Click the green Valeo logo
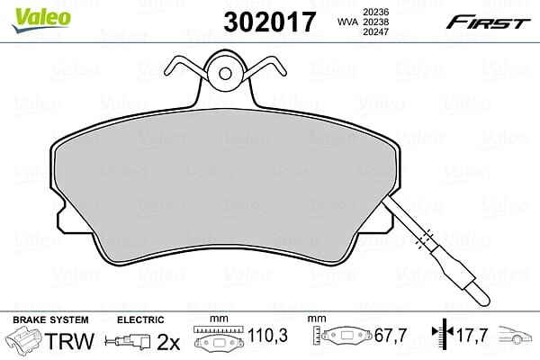coord(41,20)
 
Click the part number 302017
coord(269,22)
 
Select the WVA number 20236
coord(375,12)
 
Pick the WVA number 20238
coord(375,22)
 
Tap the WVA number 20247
coord(375,32)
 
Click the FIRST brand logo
coord(488,22)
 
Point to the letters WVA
coord(347,22)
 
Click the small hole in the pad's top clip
coord(225,74)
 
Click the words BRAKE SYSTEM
coord(50,320)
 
